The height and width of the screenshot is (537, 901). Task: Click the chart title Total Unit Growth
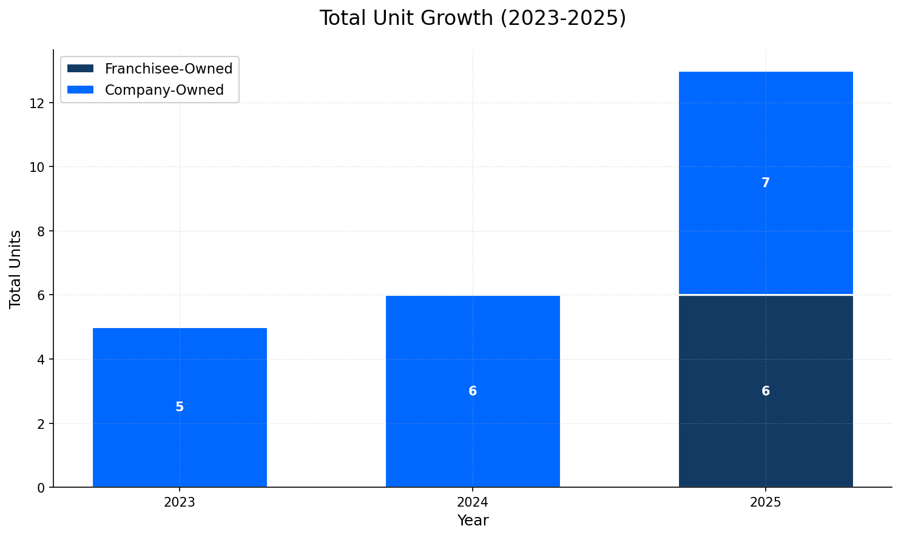pos(473,18)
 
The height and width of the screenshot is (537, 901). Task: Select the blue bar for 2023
pos(180,364)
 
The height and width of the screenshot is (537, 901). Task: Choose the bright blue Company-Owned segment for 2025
pos(766,231)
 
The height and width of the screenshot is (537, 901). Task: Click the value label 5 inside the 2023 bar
pos(180,407)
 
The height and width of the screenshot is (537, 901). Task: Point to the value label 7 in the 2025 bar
pos(766,183)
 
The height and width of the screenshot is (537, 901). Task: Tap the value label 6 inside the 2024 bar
pos(473,391)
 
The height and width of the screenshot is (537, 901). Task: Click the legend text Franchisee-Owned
pos(169,69)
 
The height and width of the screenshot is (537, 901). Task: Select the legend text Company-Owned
pos(164,90)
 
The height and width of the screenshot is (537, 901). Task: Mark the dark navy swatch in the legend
pos(81,69)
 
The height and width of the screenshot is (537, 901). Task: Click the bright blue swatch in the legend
pos(81,90)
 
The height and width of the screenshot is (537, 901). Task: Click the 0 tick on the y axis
pos(41,487)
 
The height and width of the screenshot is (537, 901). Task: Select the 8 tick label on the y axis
pos(41,231)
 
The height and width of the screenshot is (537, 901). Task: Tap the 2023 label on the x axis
pos(180,503)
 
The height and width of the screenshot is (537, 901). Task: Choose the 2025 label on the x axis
pos(766,503)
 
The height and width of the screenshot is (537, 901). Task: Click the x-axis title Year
pos(473,521)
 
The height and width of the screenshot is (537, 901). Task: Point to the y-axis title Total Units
pos(16,268)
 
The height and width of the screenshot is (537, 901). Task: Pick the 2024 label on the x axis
pos(473,503)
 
